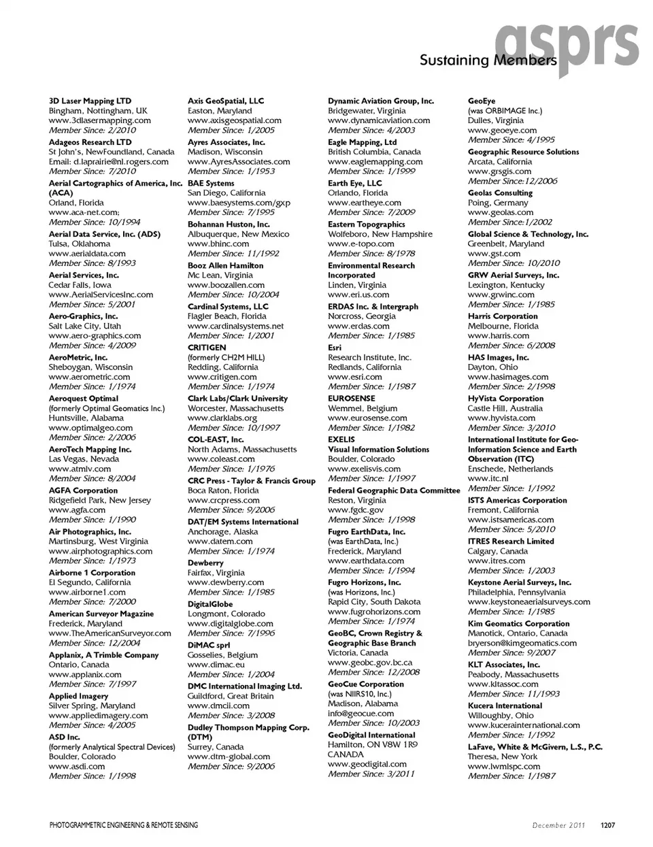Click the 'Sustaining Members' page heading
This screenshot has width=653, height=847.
point(488,60)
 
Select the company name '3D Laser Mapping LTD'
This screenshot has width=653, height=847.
point(90,101)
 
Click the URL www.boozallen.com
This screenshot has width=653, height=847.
point(226,285)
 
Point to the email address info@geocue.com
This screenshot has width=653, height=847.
point(361,713)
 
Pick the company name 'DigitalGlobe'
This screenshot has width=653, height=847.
point(210,604)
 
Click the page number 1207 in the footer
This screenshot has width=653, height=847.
point(607,825)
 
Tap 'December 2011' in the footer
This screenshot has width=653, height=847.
point(558,825)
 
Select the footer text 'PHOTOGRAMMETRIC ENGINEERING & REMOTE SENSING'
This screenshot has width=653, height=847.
point(124,825)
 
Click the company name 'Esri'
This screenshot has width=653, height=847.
point(335,348)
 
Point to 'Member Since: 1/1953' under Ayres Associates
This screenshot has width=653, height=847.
point(231,171)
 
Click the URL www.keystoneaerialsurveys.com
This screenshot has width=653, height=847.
point(529,601)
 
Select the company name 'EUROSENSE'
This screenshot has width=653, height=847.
point(351,399)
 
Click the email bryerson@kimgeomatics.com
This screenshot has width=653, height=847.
point(522,643)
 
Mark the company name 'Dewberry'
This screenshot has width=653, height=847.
point(205,563)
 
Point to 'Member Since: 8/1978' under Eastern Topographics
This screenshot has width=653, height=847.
point(371,253)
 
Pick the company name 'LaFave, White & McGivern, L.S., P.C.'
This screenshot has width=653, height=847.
point(535,747)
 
